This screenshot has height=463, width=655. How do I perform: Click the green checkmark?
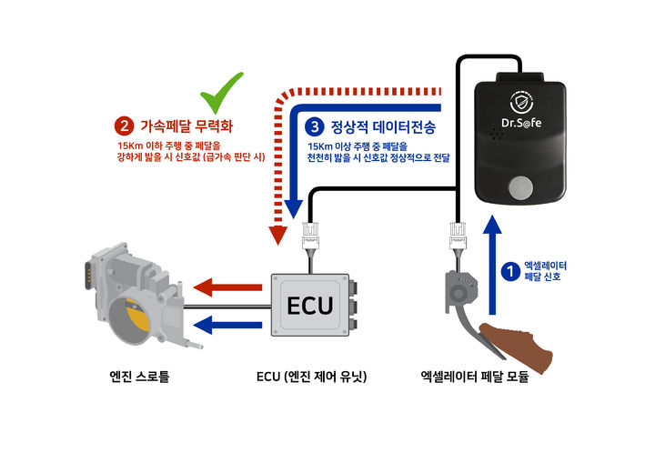(223, 90)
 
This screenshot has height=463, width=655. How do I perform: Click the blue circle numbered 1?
(509, 269)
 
